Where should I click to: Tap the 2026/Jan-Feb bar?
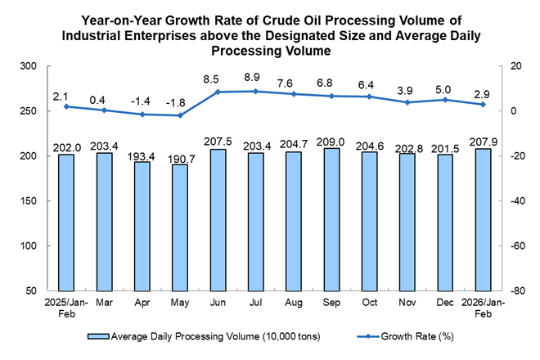click(483, 219)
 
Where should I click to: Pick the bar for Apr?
click(142, 226)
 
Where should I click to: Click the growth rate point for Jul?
click(256, 91)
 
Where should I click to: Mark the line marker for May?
click(180, 115)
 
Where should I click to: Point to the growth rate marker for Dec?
click(445, 100)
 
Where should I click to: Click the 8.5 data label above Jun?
click(218, 79)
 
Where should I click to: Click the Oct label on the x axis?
click(369, 303)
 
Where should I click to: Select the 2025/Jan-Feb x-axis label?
click(66, 308)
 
